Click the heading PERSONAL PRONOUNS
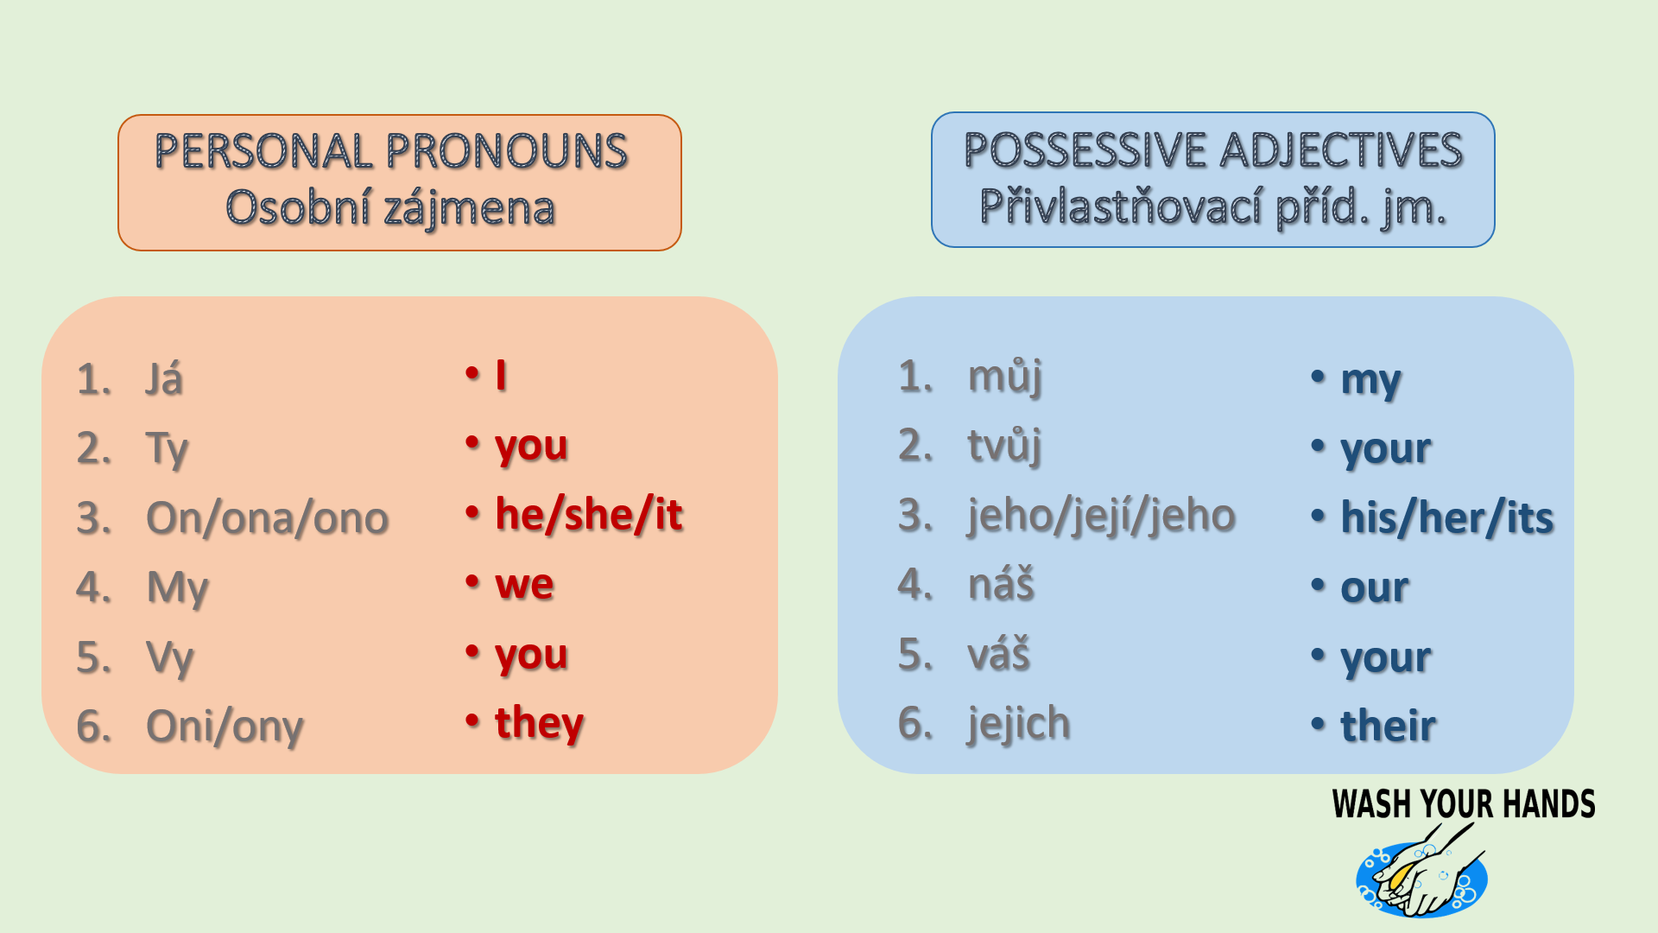coord(391,151)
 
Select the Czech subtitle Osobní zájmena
coord(390,208)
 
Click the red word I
coord(501,375)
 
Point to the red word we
coord(524,585)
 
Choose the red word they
coord(540,723)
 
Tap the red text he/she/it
coord(589,515)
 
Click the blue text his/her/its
coord(1447,518)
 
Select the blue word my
coord(1370,381)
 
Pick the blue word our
coord(1375,588)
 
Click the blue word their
coord(1389,726)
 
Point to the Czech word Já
coord(164,378)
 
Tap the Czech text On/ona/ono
coord(268,518)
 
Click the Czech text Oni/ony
coord(225,727)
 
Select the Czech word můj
coord(1005,377)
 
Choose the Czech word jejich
coord(1019,723)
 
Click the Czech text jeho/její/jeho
coord(1102,515)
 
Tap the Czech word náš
coord(1001,584)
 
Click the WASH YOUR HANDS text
coord(1464,804)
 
